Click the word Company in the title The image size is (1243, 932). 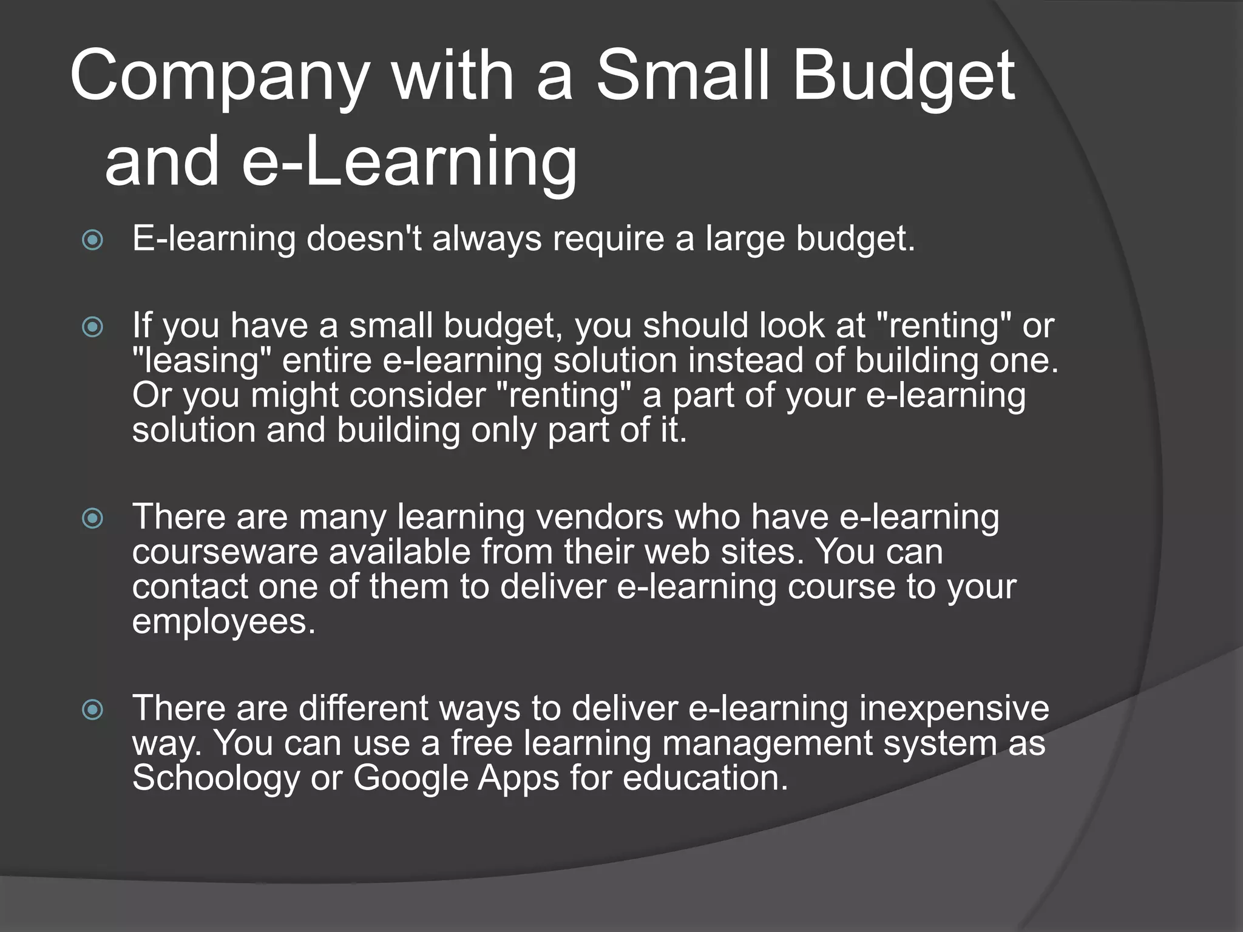click(219, 77)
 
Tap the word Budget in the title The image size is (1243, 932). click(903, 77)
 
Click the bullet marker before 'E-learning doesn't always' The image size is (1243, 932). click(93, 240)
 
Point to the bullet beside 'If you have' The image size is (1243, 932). click(93, 328)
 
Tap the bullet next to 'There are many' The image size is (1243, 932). click(93, 518)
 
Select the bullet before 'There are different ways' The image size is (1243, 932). click(93, 709)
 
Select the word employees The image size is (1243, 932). click(224, 623)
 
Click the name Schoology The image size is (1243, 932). click(215, 778)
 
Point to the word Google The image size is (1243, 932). click(411, 778)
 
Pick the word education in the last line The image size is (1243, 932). click(705, 778)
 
